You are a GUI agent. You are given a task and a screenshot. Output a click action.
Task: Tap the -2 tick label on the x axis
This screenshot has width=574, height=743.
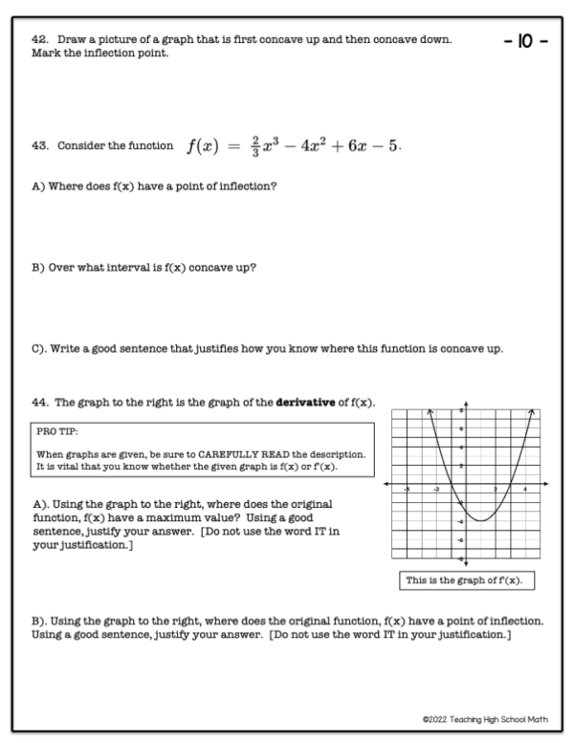click(436, 489)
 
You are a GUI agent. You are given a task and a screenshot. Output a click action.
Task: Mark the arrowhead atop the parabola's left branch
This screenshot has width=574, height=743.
click(430, 410)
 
